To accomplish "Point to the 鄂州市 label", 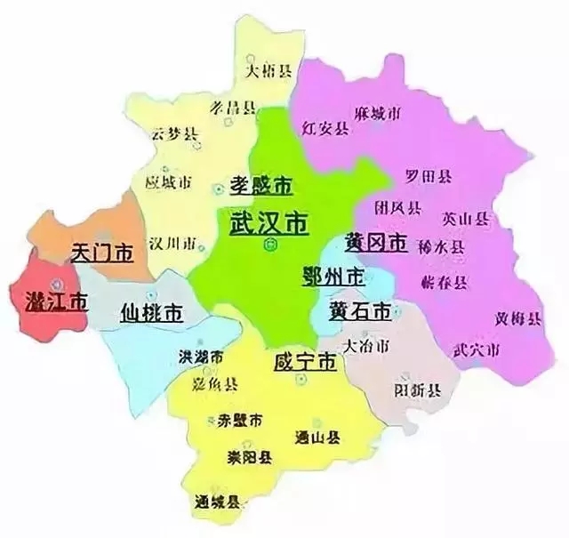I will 333,276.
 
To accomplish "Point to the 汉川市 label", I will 168,241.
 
